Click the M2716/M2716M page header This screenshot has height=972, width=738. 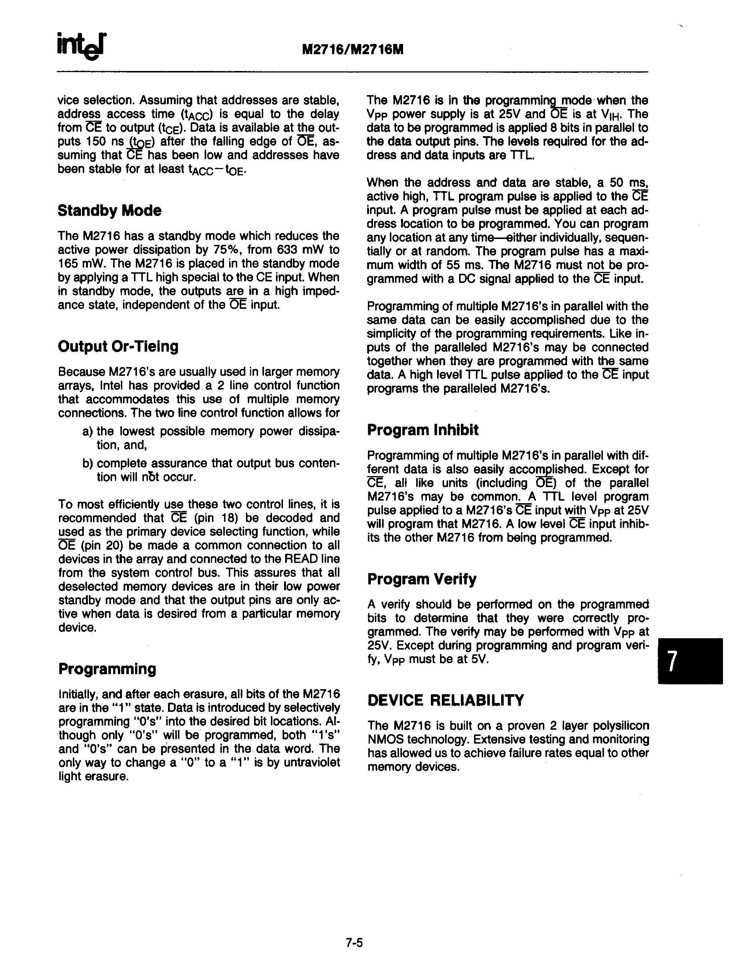tap(353, 50)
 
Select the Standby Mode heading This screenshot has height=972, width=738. tap(109, 210)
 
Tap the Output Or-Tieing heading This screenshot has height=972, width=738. tap(118, 346)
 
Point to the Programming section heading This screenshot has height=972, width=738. tap(107, 669)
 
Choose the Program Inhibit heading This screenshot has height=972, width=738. tap(423, 430)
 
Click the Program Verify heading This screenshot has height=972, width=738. tap(421, 579)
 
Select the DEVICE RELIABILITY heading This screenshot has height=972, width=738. tap(446, 700)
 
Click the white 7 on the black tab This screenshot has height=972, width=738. tap(671, 661)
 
